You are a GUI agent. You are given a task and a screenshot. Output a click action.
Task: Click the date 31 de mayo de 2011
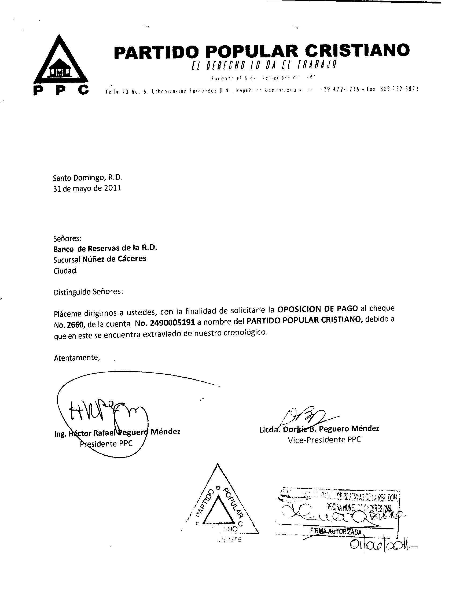tap(87, 188)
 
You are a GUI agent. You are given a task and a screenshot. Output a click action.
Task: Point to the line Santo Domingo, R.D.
tap(88, 178)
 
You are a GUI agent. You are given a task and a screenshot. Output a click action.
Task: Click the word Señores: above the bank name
tap(68, 238)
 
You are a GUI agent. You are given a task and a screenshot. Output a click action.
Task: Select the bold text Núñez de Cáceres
tap(114, 259)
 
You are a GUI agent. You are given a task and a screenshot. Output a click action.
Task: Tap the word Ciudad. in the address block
tap(66, 271)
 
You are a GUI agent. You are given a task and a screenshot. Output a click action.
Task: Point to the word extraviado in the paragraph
tap(166, 334)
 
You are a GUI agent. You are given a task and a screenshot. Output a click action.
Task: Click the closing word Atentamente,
tap(77, 358)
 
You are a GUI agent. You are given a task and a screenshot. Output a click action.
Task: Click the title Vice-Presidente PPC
tap(324, 440)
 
